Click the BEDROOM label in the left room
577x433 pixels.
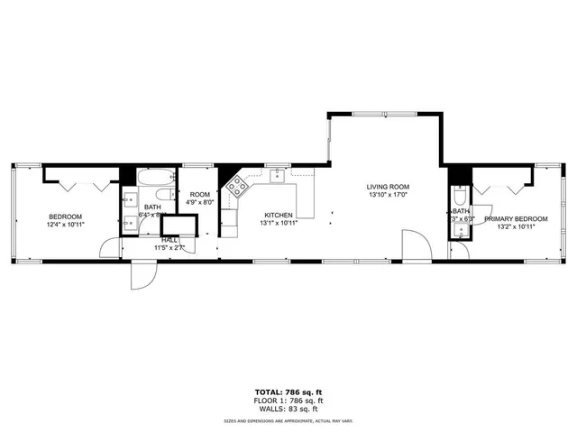coord(66,216)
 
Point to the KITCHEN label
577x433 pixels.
coord(279,215)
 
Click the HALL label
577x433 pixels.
coord(169,239)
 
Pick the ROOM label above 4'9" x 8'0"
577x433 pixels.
coord(200,195)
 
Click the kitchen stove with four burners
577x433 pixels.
coord(237,187)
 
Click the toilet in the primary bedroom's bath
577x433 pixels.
coord(460,197)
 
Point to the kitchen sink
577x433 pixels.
coord(277,176)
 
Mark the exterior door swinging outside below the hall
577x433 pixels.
coord(143,274)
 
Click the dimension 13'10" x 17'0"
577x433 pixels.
coord(388,196)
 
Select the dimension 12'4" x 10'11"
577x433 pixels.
coord(66,225)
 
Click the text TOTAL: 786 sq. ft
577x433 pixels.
coord(288,392)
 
